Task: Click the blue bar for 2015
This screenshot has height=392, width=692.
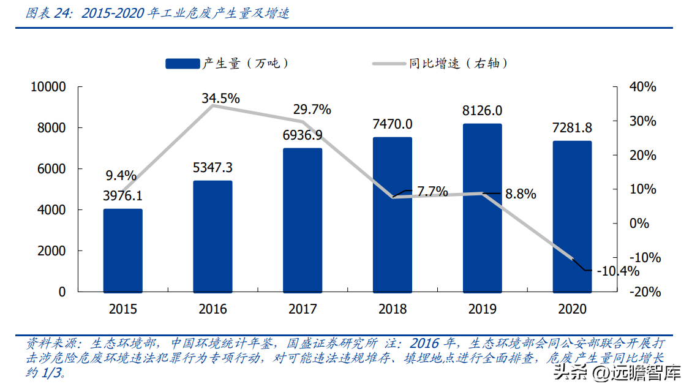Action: pyautogui.click(x=122, y=251)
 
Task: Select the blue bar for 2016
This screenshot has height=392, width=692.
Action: pyautogui.click(x=212, y=236)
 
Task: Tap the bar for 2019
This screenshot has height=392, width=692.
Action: pyautogui.click(x=482, y=208)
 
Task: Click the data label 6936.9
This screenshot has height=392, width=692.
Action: pyautogui.click(x=303, y=135)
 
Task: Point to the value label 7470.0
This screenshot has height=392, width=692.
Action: pyautogui.click(x=393, y=124)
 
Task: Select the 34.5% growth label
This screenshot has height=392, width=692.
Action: pyautogui.click(x=221, y=98)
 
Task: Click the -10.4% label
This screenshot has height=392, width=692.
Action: pyautogui.click(x=617, y=271)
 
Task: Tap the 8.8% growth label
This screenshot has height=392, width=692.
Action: pyautogui.click(x=521, y=194)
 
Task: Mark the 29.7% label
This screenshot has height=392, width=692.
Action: pyautogui.click(x=312, y=110)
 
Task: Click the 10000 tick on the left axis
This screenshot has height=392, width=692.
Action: pyautogui.click(x=48, y=87)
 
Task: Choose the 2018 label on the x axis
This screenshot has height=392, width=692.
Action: pyautogui.click(x=393, y=309)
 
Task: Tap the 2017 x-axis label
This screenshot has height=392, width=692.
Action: pyautogui.click(x=303, y=309)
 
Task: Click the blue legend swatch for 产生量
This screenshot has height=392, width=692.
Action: pyautogui.click(x=182, y=63)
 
